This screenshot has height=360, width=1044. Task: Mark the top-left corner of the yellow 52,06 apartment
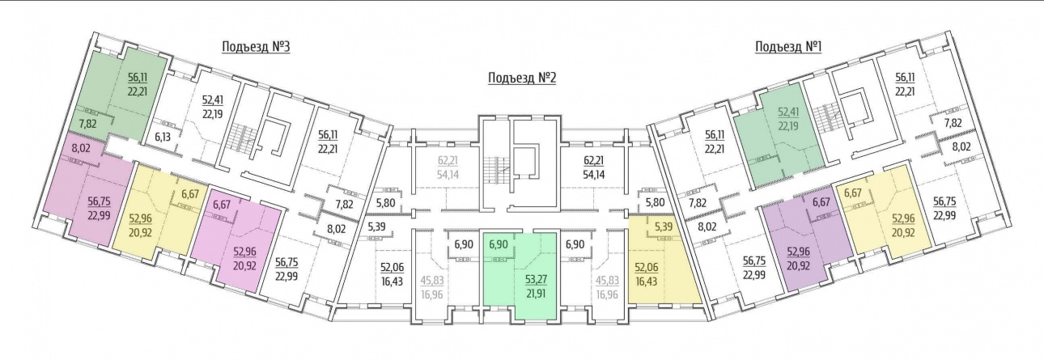[629, 215]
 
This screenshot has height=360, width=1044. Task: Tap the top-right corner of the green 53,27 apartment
[557, 232]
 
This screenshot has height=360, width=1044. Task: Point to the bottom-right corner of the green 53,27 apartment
[557, 320]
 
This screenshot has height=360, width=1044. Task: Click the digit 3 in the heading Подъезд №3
[286, 47]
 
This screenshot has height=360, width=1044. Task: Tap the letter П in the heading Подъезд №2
[492, 78]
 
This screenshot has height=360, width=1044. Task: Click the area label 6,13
[163, 138]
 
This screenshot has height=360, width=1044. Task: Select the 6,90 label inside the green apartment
[499, 244]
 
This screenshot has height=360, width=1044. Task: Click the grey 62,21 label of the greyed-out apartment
[448, 161]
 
